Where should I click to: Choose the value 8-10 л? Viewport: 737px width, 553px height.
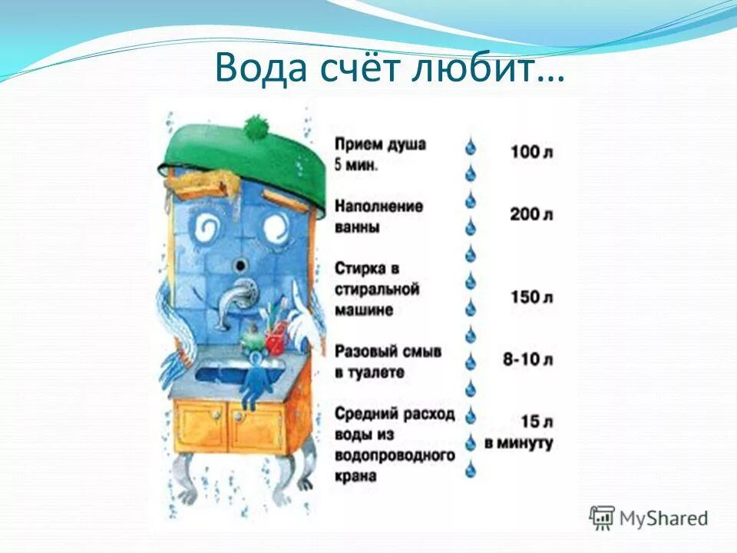coord(529,359)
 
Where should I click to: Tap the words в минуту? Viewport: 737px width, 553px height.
coord(519,443)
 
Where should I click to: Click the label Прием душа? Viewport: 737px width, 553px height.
coord(380,144)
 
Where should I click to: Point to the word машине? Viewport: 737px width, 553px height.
coord(364,310)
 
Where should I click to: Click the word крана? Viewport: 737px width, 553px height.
coord(355,475)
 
